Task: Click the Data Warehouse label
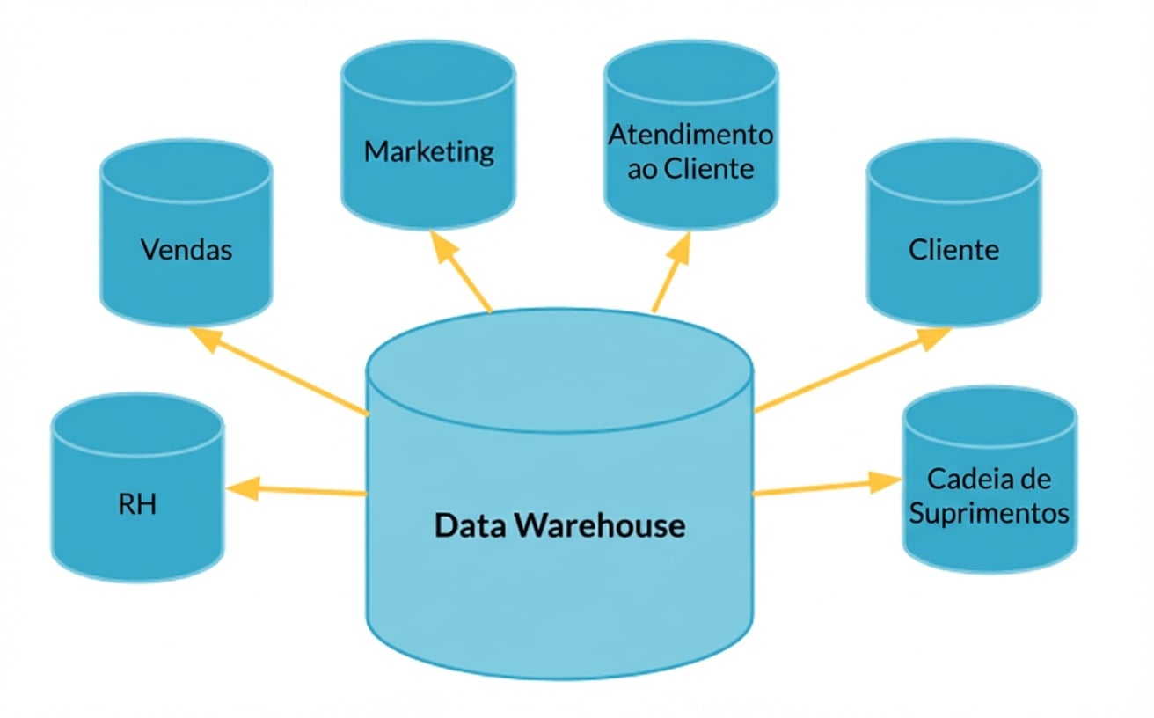[559, 525]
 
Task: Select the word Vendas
[186, 250]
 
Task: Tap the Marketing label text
[428, 151]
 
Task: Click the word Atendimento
[690, 136]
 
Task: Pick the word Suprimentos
[989, 513]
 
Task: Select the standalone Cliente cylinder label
[953, 250]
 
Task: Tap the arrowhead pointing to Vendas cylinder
[204, 339]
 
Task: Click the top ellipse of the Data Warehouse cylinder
[559, 369]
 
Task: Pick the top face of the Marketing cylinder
[428, 70]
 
